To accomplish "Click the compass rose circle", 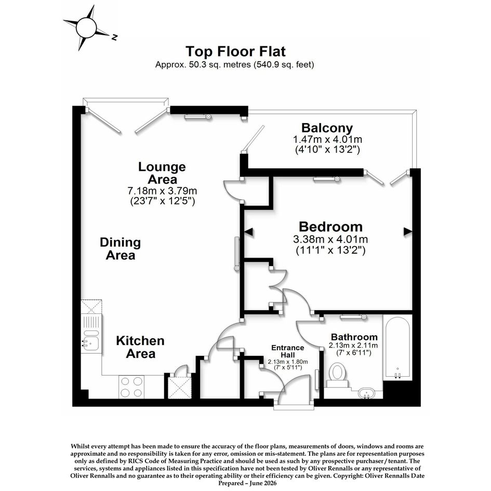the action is point(86,28).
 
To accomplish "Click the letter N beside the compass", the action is point(114,37).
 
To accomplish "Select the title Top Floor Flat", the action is point(235,51).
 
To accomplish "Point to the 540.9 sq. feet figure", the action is point(284,65).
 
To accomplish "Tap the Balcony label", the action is point(327,128).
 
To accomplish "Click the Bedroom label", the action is point(330,227).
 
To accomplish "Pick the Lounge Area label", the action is point(162,173).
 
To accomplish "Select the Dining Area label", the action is point(120,249).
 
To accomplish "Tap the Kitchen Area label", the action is point(140,347).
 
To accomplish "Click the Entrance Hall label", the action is point(287,351).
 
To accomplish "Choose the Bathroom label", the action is point(354,337).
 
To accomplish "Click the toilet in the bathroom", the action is point(337,375).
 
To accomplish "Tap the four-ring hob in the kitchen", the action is point(131,387).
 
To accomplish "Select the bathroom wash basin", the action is point(366,393).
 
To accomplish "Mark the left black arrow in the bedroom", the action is point(248,232).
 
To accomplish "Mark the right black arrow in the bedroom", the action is point(408,231).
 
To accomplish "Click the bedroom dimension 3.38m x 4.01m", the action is point(330,240).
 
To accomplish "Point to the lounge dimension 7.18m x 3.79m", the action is point(162,190).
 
